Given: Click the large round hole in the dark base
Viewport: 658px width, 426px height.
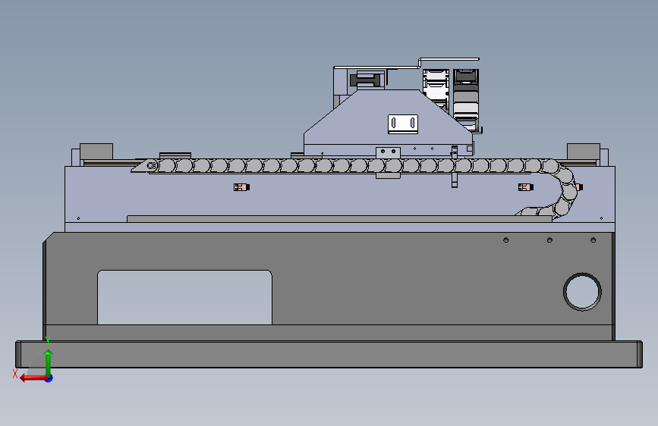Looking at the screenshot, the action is (582, 290).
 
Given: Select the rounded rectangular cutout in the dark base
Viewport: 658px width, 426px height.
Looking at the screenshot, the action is (184, 296).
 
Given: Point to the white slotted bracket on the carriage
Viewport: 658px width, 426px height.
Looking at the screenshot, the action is (403, 123).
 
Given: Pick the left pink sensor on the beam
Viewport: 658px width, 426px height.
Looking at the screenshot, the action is (240, 187).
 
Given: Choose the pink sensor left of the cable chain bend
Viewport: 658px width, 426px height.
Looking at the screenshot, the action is (523, 187).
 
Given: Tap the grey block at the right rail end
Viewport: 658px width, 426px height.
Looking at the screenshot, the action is (584, 151).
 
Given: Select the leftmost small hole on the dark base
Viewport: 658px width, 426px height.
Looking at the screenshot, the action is (505, 241).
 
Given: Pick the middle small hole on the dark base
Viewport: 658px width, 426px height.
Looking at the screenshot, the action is (549, 241).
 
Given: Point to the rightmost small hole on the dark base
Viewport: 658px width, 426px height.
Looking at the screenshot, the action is (593, 241).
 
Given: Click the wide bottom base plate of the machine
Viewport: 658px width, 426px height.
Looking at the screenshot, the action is (327, 354).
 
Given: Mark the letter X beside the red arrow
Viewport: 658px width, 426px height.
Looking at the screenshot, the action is (15, 374).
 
